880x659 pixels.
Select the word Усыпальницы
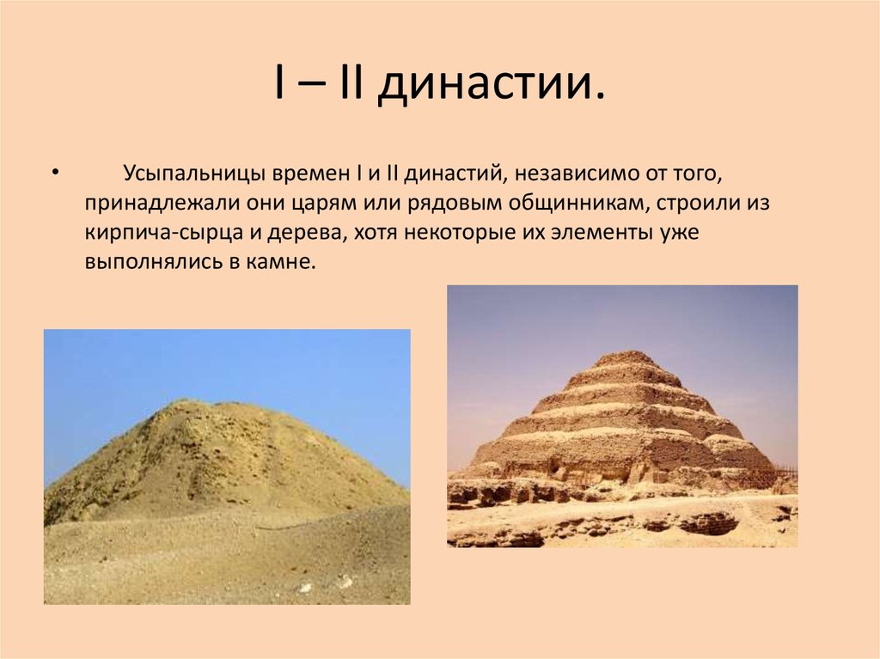pos(192,174)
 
